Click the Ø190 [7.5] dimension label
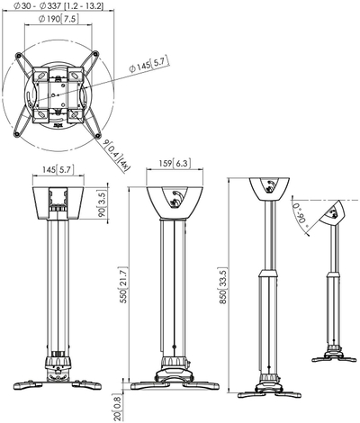click(58, 19)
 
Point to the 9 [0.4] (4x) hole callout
click(116, 156)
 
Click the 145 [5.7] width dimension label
click(58, 169)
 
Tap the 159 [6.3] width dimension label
click(175, 163)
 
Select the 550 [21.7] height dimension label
click(124, 284)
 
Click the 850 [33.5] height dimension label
click(223, 285)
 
